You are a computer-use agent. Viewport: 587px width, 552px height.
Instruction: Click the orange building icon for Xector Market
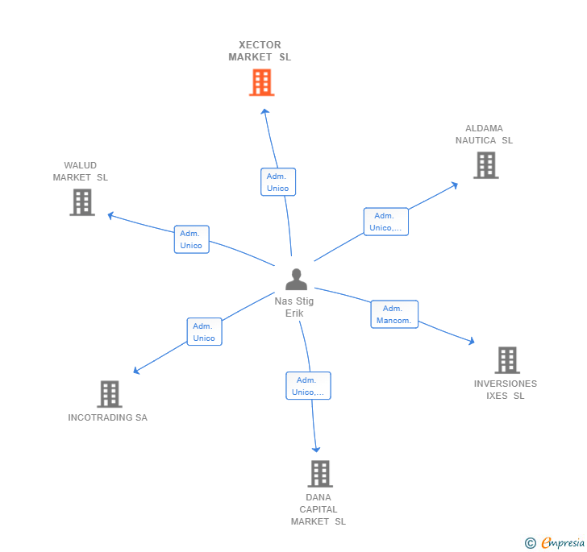tap(261, 82)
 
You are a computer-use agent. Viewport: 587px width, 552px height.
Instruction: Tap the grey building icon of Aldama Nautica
tap(485, 165)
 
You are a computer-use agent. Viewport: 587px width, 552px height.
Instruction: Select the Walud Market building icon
tap(82, 202)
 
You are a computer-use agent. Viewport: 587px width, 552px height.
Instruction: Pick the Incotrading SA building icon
tap(110, 394)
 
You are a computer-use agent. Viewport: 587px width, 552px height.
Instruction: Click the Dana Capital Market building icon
tap(320, 474)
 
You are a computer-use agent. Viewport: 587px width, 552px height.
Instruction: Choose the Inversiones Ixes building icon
tap(507, 360)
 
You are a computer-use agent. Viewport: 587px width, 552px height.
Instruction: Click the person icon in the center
tap(296, 280)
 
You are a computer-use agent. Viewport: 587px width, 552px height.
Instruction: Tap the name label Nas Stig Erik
tap(294, 307)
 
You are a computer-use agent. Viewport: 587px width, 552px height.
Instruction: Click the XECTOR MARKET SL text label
tap(260, 51)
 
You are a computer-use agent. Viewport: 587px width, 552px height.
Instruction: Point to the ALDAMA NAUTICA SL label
tap(484, 135)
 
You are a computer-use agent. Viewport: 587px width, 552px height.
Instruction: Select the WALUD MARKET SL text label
tap(81, 172)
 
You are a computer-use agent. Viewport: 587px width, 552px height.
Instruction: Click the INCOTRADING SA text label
tap(108, 417)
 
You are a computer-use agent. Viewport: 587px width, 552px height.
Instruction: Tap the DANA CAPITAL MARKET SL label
tap(318, 509)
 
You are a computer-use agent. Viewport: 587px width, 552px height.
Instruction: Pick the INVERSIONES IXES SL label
tap(506, 389)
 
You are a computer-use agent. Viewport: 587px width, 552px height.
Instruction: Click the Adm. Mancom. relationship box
tap(394, 314)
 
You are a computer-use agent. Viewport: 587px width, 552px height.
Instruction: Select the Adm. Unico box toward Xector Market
tap(278, 182)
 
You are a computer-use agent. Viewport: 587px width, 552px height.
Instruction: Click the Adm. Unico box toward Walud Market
tap(191, 239)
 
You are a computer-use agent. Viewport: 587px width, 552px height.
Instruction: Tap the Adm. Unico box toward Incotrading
tap(204, 332)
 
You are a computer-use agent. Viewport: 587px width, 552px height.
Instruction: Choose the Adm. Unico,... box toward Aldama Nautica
tap(385, 222)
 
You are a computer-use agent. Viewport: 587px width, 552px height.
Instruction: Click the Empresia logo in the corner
tap(556, 542)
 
